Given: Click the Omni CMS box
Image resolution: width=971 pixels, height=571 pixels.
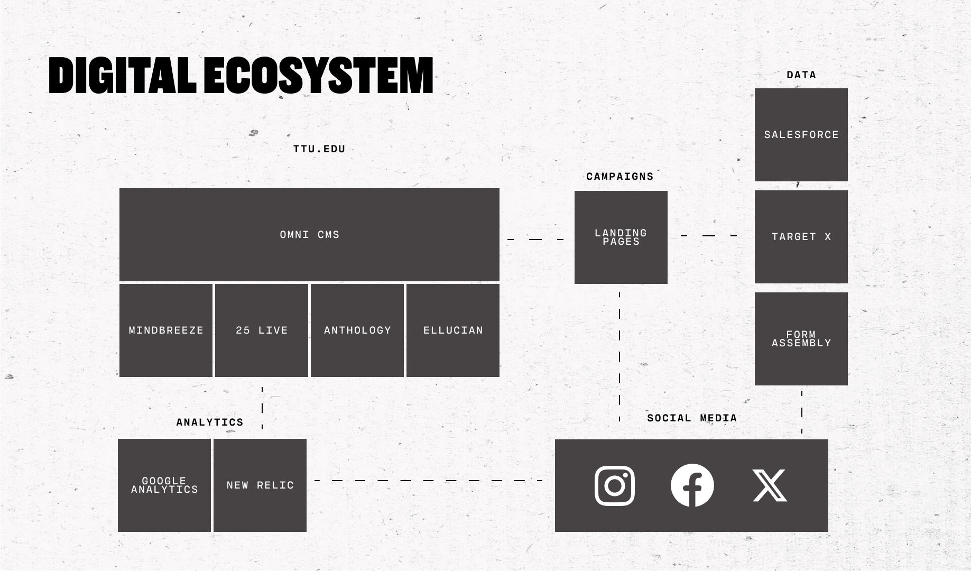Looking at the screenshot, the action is pyautogui.click(x=309, y=234).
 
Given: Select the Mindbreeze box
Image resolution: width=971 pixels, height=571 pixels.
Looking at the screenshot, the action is pyautogui.click(x=166, y=330).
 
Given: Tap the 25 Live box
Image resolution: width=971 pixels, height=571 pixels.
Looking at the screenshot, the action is pyautogui.click(x=262, y=330).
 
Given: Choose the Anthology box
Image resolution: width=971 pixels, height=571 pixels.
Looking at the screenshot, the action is pyautogui.click(x=357, y=330).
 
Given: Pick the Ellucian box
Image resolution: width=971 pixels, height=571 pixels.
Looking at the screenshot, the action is pyautogui.click(x=453, y=330).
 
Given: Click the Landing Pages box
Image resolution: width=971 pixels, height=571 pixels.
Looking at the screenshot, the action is pyautogui.click(x=621, y=237).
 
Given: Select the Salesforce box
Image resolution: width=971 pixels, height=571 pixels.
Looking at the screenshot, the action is pyautogui.click(x=801, y=135).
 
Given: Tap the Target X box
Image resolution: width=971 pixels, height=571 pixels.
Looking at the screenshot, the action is pyautogui.click(x=801, y=237).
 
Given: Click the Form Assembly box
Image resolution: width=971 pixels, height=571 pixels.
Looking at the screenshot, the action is pyautogui.click(x=801, y=339).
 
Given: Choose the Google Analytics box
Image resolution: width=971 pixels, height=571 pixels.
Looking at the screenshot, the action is pyautogui.click(x=164, y=485).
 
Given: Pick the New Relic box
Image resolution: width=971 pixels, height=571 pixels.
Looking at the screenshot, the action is pyautogui.click(x=260, y=485).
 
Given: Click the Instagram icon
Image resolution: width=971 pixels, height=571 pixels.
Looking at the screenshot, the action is pyautogui.click(x=615, y=485).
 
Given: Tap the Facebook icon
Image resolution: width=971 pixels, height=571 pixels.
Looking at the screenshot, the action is pyautogui.click(x=692, y=485).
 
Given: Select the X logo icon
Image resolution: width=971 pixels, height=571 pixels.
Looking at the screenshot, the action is pyautogui.click(x=770, y=485).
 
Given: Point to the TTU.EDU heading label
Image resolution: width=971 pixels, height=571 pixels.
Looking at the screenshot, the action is pyautogui.click(x=319, y=149).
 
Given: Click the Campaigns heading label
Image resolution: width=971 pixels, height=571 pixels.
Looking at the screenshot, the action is pyautogui.click(x=620, y=177).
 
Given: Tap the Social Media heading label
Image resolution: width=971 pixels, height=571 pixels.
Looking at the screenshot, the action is pyautogui.click(x=692, y=418).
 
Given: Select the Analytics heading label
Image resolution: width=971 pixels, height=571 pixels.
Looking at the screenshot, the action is pyautogui.click(x=210, y=422).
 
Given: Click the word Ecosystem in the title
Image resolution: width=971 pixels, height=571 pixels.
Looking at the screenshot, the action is pyautogui.click(x=318, y=76).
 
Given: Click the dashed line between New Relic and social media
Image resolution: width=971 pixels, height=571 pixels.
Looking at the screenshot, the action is pyautogui.click(x=428, y=481).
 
